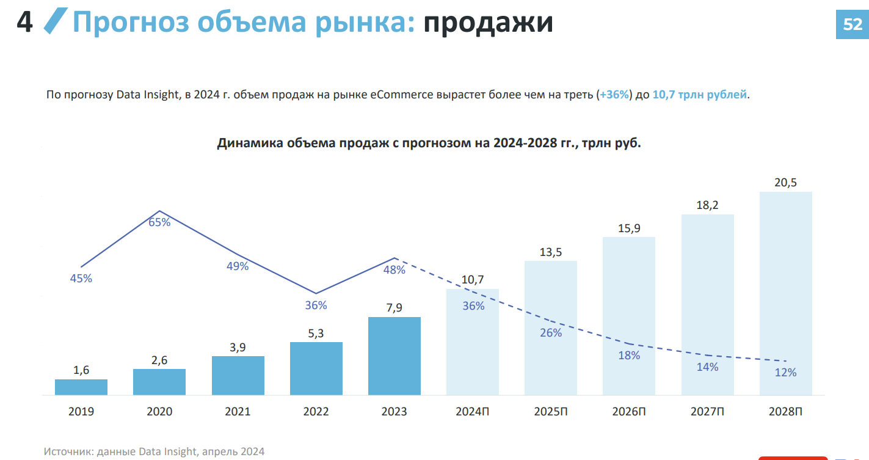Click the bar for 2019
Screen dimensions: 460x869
(x=81, y=387)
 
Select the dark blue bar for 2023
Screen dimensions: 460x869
(x=395, y=356)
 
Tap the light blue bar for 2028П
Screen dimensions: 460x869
(x=785, y=293)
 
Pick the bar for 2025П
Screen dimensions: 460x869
(x=551, y=328)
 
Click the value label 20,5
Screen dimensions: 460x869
(x=785, y=183)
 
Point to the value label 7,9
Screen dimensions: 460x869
(x=395, y=308)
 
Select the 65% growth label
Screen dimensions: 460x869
(x=159, y=222)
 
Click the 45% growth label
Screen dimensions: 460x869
(x=81, y=279)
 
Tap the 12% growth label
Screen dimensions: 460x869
(x=785, y=372)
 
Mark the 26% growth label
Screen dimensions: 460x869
(x=551, y=333)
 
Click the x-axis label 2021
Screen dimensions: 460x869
(x=238, y=412)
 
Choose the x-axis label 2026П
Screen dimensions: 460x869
(x=629, y=412)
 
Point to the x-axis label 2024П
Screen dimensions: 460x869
(x=473, y=412)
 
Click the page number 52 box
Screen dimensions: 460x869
(x=853, y=24)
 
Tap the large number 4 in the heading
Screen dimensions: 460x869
(x=24, y=23)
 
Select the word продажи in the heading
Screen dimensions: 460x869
(x=489, y=23)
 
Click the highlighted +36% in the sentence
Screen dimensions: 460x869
(x=614, y=95)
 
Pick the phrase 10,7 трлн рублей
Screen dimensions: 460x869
(x=699, y=95)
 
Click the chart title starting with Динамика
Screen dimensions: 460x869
(x=429, y=144)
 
